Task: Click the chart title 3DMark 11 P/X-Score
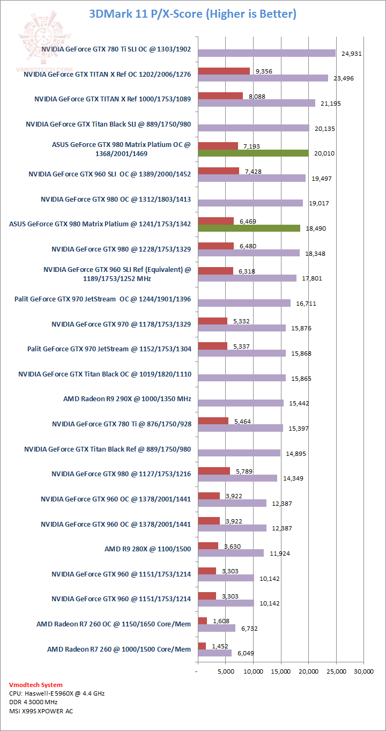[192, 13]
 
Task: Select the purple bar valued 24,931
[266, 53]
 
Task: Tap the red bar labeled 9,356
[224, 71]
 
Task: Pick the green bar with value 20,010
[253, 153]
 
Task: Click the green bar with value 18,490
[249, 228]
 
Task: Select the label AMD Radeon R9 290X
[127, 399]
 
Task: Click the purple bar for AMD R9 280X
[231, 553]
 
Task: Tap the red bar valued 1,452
[202, 646]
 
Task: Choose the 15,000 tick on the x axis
[280, 670]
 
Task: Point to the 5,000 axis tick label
[225, 670]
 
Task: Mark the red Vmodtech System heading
[35, 685]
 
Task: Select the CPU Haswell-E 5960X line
[57, 693]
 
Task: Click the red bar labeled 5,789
[214, 471]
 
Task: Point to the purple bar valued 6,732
[217, 628]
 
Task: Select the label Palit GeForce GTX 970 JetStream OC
[102, 299]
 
